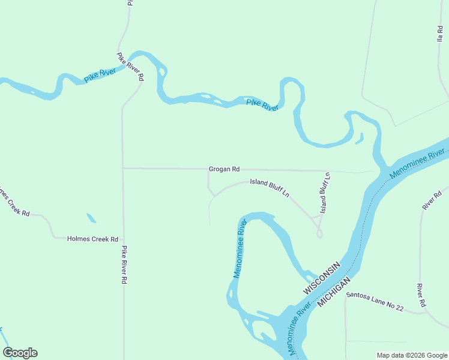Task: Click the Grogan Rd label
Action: point(224,169)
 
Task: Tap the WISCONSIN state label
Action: point(322,278)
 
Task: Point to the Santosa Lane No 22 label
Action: point(375,300)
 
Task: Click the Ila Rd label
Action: point(439,33)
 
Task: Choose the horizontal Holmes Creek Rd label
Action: point(92,239)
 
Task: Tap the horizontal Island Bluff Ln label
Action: point(270,187)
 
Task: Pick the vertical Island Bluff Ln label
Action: point(325,193)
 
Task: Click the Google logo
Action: point(20,353)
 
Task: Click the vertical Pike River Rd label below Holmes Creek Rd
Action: point(124,265)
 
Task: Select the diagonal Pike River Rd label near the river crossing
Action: point(130,67)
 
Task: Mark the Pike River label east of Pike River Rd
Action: point(262,105)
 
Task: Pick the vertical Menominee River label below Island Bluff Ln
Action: point(240,248)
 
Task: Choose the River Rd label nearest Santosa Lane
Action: point(421,295)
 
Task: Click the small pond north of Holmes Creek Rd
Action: point(91,218)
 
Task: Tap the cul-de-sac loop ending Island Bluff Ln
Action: point(320,234)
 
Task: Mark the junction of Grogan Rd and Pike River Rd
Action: point(123,169)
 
